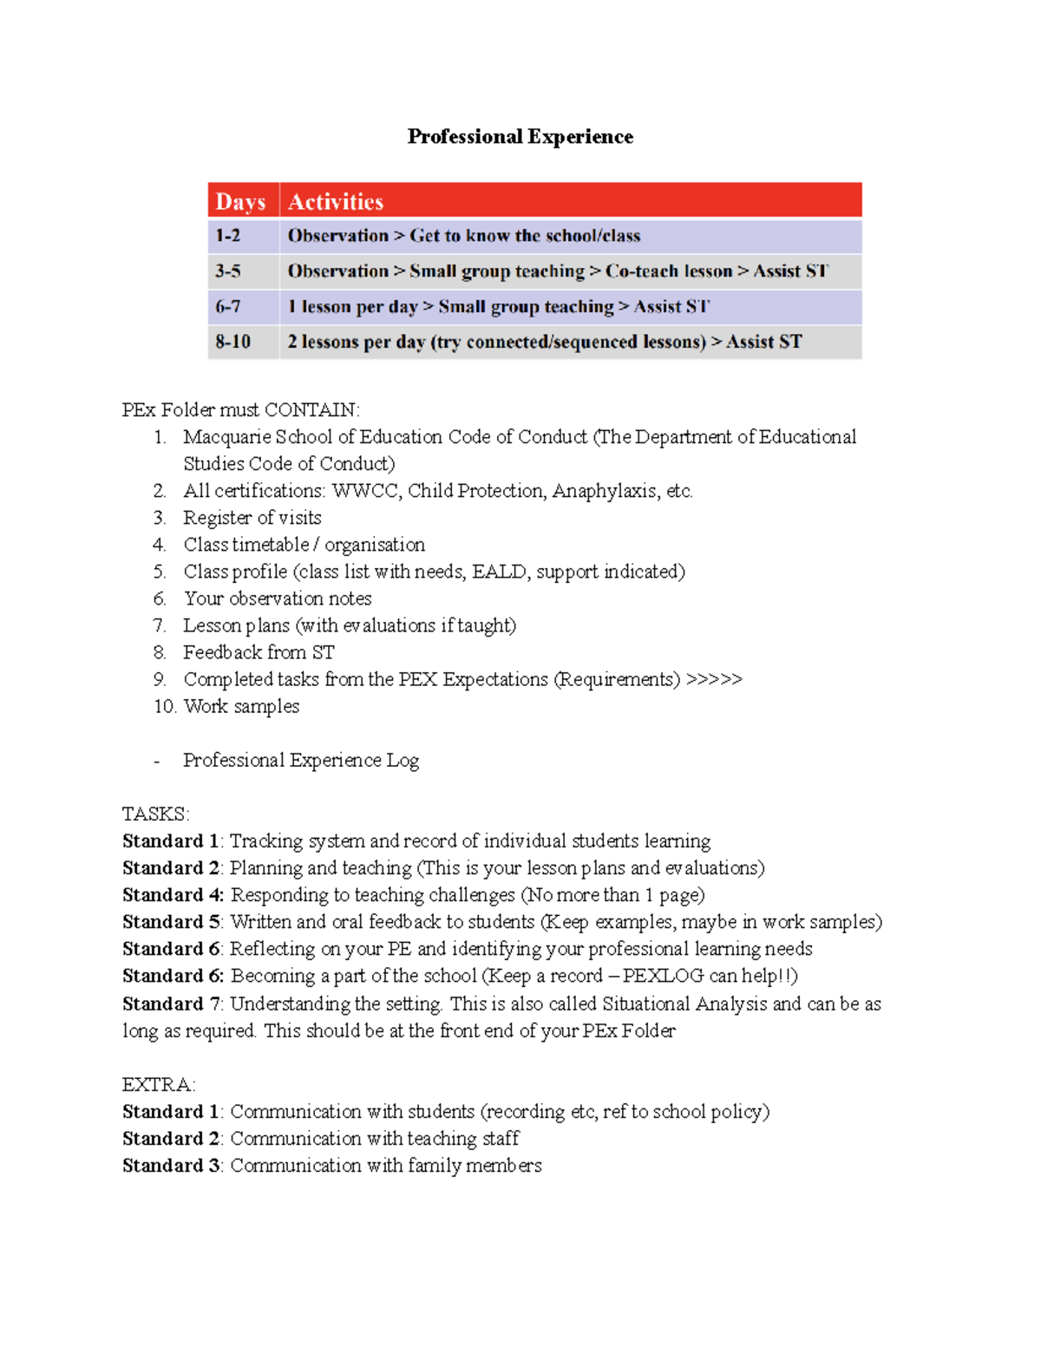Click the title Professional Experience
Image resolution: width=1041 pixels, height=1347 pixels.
520,137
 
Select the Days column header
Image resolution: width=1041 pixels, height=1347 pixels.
240,202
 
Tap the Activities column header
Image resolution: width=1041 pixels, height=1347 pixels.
336,202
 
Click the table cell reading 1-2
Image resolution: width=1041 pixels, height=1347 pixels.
228,236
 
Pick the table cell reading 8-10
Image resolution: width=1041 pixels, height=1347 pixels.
232,342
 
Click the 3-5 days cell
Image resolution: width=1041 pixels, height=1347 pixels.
228,271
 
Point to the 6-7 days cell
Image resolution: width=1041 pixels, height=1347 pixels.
228,307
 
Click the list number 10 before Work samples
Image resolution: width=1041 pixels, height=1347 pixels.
164,707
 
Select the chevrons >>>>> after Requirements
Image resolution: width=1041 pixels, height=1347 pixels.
714,679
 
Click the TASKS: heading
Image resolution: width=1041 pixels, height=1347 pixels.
155,814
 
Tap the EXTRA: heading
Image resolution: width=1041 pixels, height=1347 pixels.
159,1085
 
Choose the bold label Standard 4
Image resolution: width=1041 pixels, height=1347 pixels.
172,895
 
